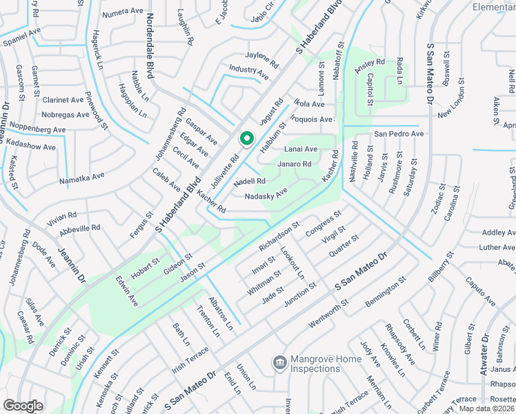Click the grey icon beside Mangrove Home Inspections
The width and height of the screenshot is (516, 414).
[279, 362]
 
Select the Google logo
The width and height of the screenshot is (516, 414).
[23, 405]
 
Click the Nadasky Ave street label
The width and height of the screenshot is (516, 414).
[266, 196]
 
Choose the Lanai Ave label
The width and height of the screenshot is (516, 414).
[300, 149]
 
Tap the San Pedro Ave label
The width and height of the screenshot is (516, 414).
[399, 133]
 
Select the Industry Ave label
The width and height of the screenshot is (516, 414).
[249, 70]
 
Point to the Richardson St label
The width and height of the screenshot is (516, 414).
[279, 235]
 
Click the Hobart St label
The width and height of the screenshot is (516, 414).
[146, 268]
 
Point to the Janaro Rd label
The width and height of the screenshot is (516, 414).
[294, 164]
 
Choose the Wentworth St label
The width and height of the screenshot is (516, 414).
[324, 311]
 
